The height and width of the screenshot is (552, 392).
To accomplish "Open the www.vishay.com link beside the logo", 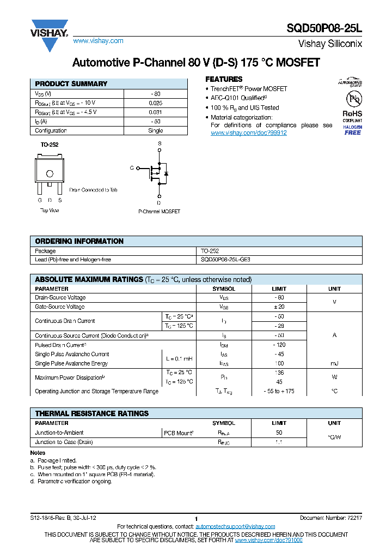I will tap(98, 41).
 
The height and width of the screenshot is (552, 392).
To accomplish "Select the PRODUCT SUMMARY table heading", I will tap(71, 84).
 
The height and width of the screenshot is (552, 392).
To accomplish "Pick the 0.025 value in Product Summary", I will tap(155, 103).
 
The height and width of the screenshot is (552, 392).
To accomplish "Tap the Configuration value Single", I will tap(155, 131).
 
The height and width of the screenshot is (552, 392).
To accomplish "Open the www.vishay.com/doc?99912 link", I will tap(248, 133).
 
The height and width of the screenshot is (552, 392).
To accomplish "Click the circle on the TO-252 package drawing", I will tap(50, 174).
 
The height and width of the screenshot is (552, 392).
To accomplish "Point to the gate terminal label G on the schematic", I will tap(131, 168).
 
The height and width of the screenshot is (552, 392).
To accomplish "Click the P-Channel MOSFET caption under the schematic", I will tap(159, 212).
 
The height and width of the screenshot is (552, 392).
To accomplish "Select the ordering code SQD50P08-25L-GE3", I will tap(226, 260).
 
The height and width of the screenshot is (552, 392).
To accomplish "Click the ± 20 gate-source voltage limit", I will tap(279, 307).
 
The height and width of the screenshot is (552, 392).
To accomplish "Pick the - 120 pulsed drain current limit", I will tap(279, 345).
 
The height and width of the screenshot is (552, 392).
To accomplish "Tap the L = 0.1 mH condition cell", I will tap(179, 359).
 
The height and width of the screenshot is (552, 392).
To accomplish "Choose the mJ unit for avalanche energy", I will tap(334, 363).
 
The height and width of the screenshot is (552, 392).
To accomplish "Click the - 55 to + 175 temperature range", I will tap(279, 392).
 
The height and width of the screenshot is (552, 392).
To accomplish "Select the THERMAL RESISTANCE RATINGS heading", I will tap(92, 413).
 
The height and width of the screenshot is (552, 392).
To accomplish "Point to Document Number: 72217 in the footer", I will tap(330, 518).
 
